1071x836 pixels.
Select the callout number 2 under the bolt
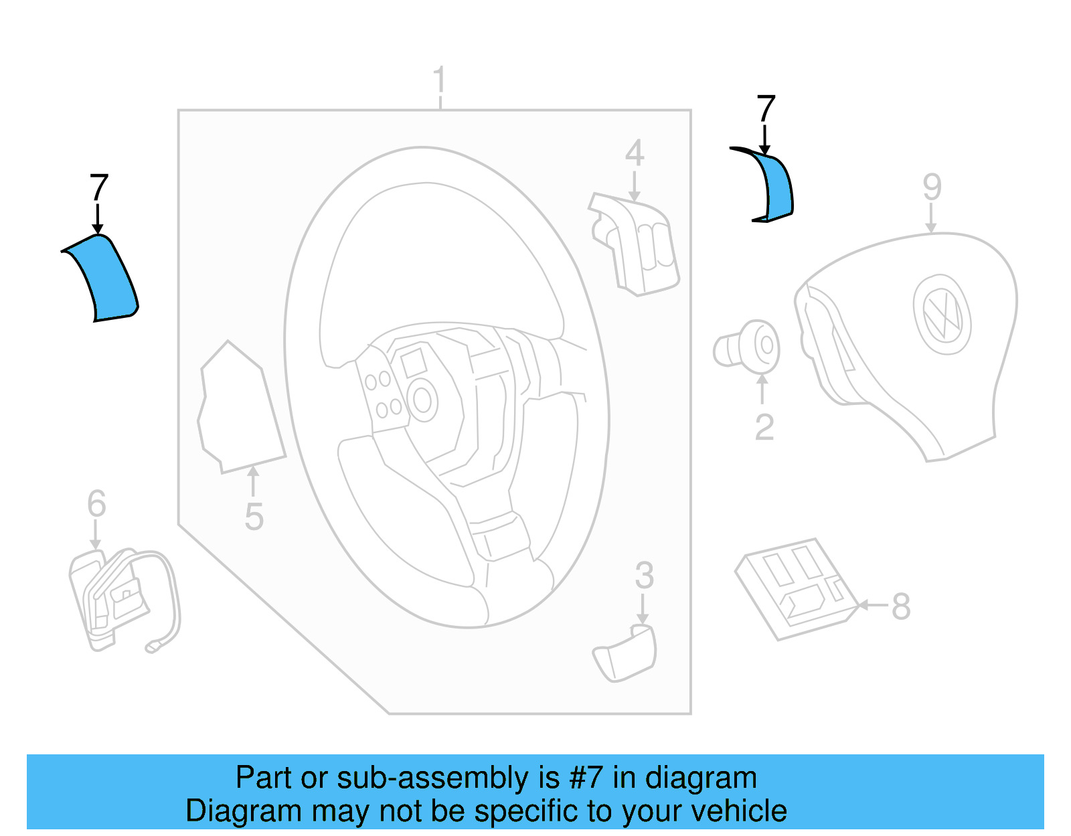[x=764, y=428]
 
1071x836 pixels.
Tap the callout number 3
[x=644, y=576]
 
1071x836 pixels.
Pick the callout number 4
[x=634, y=153]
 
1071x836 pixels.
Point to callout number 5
[x=254, y=517]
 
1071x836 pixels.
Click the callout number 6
[x=96, y=503]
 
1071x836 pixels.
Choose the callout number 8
[x=901, y=606]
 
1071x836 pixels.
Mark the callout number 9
[x=932, y=187]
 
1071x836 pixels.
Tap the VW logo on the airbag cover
[x=942, y=313]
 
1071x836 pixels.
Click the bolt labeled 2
[x=748, y=347]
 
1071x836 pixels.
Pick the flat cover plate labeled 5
[x=240, y=410]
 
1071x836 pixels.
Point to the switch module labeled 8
[x=797, y=588]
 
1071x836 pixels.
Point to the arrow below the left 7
[x=98, y=219]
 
